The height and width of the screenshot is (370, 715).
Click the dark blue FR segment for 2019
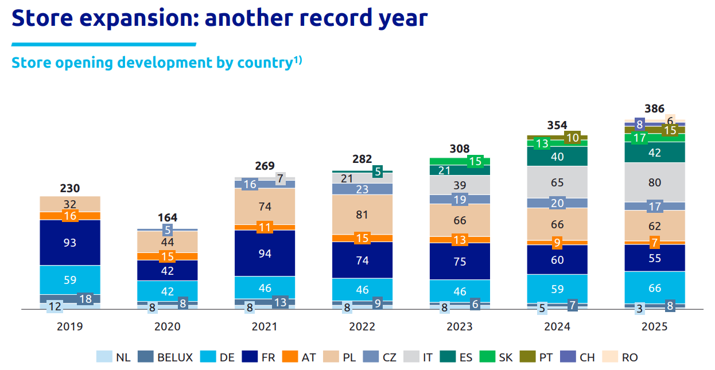click(69, 243)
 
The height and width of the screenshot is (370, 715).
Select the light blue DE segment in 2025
click(655, 287)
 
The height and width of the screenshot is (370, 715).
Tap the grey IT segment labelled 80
click(655, 182)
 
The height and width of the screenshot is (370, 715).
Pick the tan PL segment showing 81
click(362, 215)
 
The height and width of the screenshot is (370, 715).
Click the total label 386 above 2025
click(655, 108)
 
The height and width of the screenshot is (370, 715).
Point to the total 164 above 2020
click(168, 217)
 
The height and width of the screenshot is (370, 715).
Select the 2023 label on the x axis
click(460, 326)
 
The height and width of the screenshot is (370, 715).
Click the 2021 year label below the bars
click(265, 326)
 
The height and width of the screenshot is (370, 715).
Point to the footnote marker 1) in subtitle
click(298, 60)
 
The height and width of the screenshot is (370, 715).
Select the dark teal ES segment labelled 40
click(557, 156)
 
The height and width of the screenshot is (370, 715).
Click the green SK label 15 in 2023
click(475, 162)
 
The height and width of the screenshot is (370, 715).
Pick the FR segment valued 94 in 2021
click(265, 253)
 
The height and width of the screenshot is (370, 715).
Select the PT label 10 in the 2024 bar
click(572, 138)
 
